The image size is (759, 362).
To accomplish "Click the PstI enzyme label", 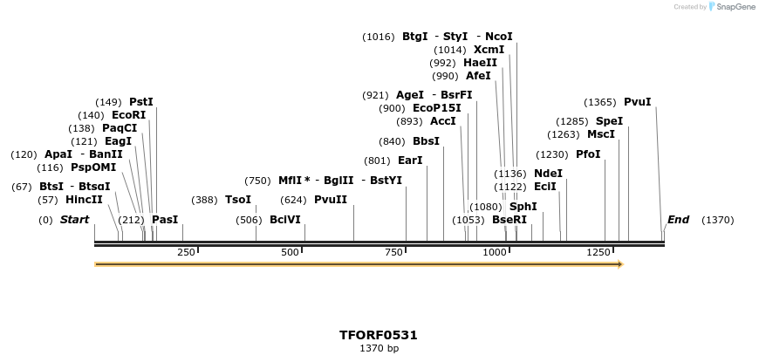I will pos(140,102).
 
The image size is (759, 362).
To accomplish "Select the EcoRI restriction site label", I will pos(128,115).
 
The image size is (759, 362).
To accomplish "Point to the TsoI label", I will pos(237,200).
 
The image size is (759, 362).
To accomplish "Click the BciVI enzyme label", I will pos(284,220).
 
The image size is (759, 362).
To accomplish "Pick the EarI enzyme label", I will pos(409,161).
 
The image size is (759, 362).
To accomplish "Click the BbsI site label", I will pos(426,141).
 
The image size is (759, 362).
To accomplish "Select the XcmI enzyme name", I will pos(489,50).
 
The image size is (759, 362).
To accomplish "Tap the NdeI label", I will pos(548,174).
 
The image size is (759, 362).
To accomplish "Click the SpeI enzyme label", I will pos(609,121).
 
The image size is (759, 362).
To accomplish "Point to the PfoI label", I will pos(588,154).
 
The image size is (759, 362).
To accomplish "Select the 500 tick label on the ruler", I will pos(291,252).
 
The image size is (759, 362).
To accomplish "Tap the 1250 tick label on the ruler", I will pos(599,252).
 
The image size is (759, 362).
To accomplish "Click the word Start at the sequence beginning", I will pos(74,220).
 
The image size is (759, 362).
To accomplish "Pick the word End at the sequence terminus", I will pos(678,220).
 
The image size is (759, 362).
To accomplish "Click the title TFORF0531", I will pos(379,335).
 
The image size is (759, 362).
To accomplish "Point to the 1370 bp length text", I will pos(379,348).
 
